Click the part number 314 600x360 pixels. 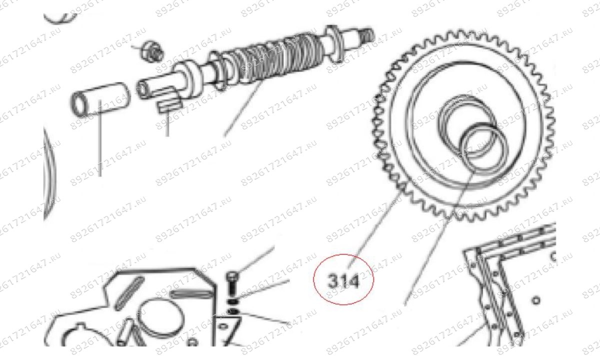[x=343, y=282]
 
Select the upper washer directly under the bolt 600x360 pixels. [x=232, y=302]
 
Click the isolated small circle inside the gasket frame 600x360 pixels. [x=536, y=300]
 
